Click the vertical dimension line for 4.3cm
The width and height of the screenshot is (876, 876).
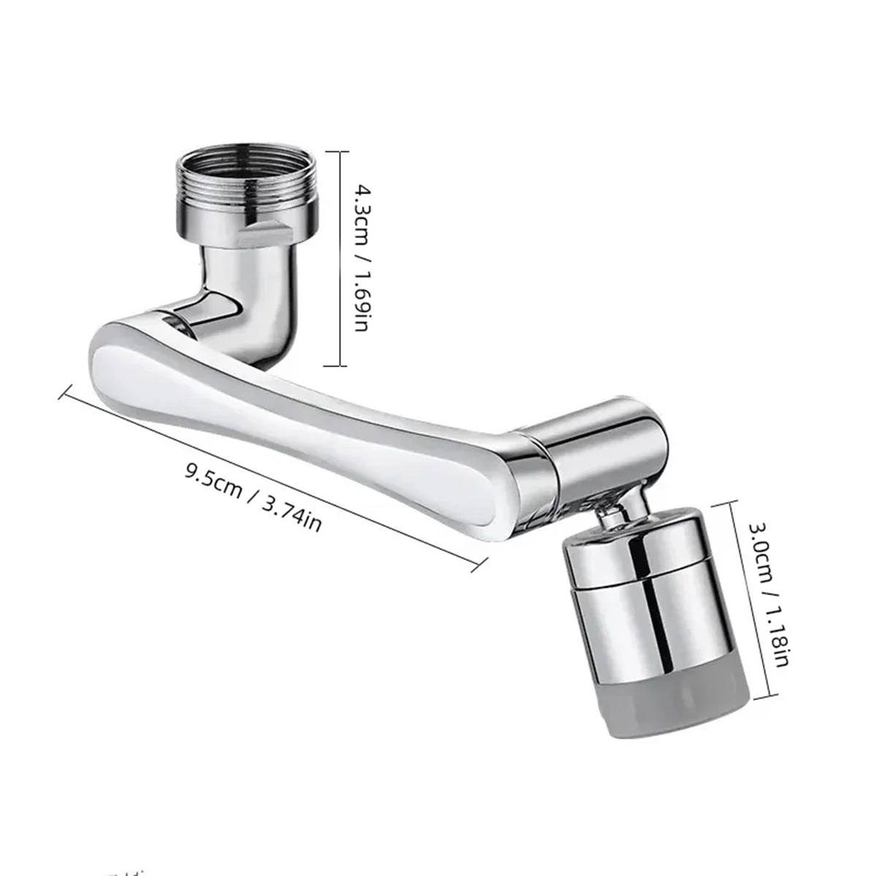[337, 258]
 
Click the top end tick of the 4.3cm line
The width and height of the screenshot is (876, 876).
[337, 150]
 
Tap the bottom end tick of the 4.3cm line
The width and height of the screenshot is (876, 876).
[337, 365]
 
